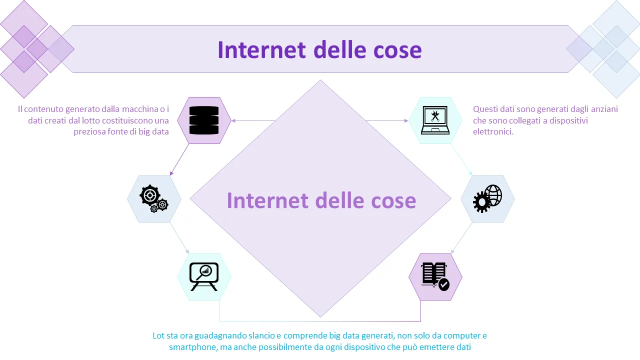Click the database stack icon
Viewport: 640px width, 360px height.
pos(204,120)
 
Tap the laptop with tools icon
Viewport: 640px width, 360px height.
pos(435,120)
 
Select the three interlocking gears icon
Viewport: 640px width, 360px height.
pos(154,198)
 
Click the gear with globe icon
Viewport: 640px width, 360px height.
pos(487,198)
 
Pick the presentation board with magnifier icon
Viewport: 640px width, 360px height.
pos(204,276)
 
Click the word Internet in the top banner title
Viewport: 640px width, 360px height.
pos(261,50)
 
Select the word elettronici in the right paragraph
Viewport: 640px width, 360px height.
pos(493,131)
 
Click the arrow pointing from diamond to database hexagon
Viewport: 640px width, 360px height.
pos(253,121)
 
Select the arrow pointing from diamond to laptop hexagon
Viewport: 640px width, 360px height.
pos(387,121)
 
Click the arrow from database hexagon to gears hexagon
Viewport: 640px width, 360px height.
pos(179,159)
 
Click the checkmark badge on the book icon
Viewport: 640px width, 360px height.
pos(443,285)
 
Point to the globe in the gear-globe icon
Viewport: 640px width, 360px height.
pos(493,195)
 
